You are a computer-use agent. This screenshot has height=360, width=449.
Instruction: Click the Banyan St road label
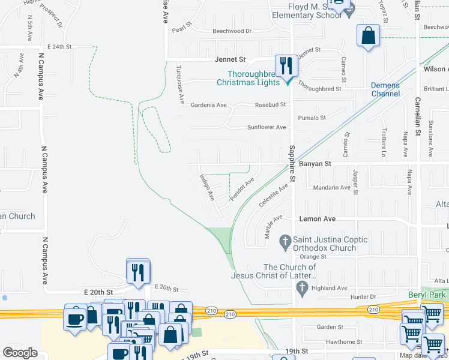[x=315, y=163]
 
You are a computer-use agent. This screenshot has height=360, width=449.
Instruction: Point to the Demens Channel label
[x=385, y=89]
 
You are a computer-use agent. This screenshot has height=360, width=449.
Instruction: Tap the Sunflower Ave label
[x=267, y=127]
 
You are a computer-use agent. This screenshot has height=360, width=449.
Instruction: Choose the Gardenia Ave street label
[x=208, y=105]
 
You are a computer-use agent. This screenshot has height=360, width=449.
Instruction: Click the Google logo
[x=20, y=352]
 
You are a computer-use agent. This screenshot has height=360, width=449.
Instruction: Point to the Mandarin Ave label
[x=332, y=187]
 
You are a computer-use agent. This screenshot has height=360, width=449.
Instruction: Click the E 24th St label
[x=59, y=46]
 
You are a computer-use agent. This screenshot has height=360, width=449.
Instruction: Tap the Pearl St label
[x=181, y=28]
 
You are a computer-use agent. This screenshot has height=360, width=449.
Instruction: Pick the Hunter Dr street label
[x=363, y=296]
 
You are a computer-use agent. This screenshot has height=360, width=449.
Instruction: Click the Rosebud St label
[x=270, y=104]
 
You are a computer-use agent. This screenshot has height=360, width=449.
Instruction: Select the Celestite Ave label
[x=274, y=196]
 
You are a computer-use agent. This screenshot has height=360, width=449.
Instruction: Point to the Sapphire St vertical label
[x=292, y=163]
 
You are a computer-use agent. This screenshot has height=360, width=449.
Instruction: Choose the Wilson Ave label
[x=435, y=69]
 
